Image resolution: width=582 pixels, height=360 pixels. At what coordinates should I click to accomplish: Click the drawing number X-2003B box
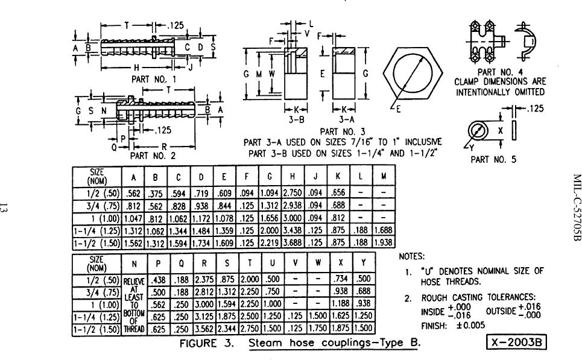(516, 342)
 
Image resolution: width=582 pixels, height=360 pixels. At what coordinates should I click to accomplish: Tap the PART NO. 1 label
(154, 80)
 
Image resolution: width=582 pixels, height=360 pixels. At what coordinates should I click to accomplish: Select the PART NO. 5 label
(493, 160)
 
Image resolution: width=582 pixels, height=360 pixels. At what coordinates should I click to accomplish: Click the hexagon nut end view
(413, 72)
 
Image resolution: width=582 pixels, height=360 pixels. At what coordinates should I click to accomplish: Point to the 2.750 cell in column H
(293, 193)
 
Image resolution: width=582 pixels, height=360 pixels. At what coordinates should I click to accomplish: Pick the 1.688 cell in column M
(384, 230)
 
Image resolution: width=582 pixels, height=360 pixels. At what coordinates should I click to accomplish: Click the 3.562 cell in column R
(204, 329)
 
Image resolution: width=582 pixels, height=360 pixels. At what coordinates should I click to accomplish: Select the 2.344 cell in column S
(227, 329)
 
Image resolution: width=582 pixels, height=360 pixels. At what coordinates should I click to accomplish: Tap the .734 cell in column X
(341, 279)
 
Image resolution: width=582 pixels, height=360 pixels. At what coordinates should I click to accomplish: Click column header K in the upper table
(338, 176)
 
